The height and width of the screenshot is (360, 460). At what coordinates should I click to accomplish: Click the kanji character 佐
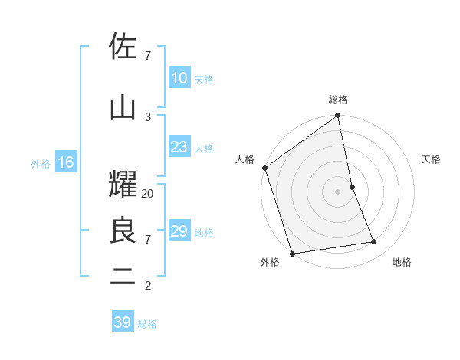tap(123, 47)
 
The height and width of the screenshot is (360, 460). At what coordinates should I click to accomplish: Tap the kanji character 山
tap(123, 108)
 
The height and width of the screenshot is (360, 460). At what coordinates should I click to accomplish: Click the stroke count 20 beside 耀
tap(148, 194)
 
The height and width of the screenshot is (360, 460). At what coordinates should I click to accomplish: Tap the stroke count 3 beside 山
tap(148, 116)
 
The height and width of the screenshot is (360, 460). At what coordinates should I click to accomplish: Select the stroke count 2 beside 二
tap(148, 286)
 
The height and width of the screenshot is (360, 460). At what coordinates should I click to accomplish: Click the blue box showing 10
tap(179, 78)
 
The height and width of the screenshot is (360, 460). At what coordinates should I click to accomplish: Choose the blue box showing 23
tap(179, 147)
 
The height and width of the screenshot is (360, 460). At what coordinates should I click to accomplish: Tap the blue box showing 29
tap(179, 231)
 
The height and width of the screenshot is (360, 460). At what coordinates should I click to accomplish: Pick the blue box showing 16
tap(64, 162)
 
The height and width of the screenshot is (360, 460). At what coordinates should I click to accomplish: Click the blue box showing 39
tap(122, 322)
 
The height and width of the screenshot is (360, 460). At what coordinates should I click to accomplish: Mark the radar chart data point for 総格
tap(337, 116)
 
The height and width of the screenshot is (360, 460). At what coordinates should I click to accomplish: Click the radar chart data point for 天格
tap(352, 187)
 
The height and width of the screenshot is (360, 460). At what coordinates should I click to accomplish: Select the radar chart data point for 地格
tap(374, 242)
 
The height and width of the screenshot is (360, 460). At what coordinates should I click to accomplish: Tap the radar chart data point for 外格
tap(292, 253)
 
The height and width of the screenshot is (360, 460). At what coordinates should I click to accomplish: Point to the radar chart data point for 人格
tap(264, 168)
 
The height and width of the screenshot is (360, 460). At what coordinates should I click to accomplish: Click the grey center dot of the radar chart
tap(337, 191)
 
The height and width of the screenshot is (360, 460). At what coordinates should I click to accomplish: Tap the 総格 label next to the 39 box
tap(147, 324)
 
